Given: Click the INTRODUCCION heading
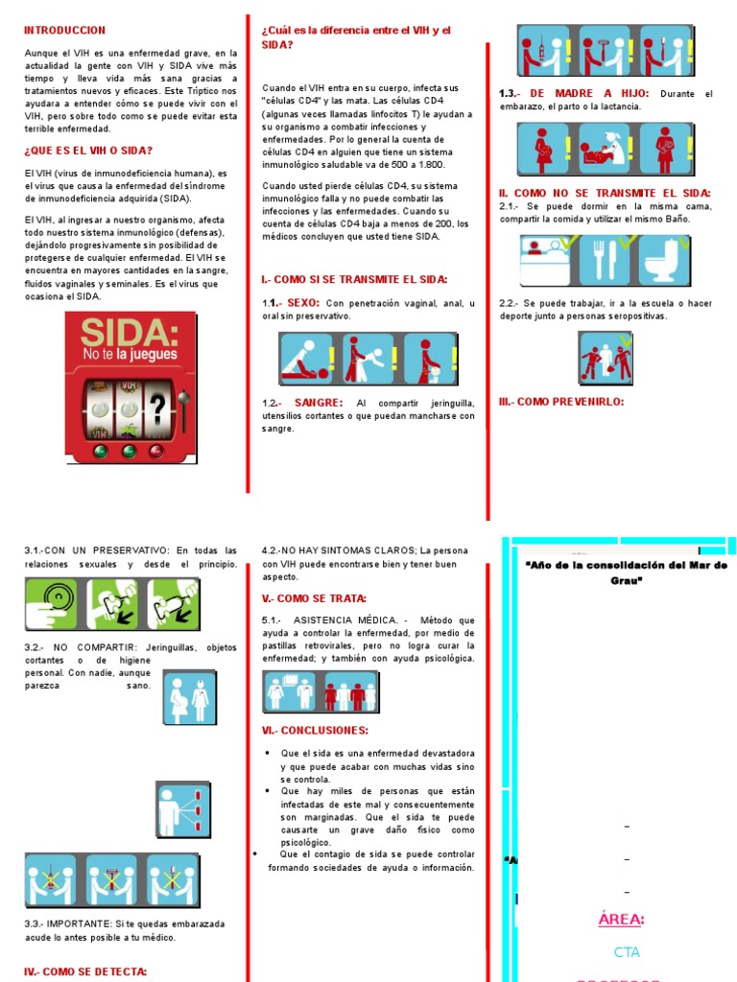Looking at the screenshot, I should click(64, 31).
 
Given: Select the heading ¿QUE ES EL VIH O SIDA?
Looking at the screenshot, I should click(87, 151).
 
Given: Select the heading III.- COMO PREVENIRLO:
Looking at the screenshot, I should click(560, 402).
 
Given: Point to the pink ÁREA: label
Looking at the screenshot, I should click(621, 920).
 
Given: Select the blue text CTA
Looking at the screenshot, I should click(627, 952).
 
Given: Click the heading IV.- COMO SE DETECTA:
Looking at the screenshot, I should click(85, 971).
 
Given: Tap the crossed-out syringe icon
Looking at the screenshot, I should click(53, 879).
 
